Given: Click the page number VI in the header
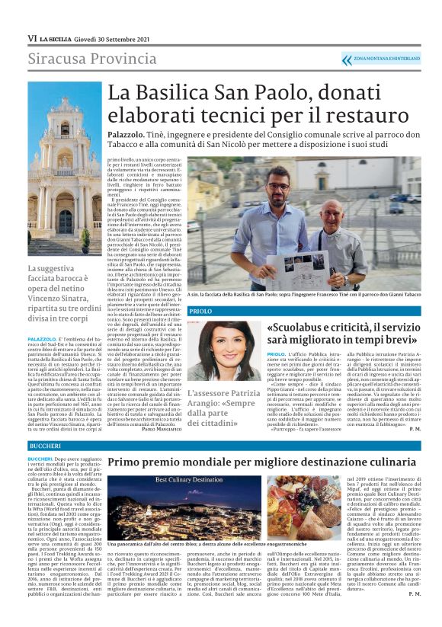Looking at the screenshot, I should click(x=32, y=38).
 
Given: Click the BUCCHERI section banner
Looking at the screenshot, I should click(x=40, y=445).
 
